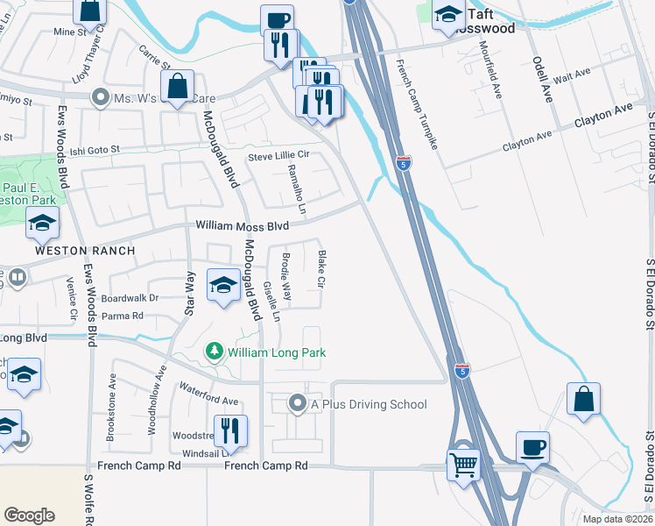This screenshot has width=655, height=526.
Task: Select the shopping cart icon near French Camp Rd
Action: tap(463, 464)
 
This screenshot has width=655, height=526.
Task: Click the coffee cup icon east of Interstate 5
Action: tap(532, 446)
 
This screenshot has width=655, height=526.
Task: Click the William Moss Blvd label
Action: tap(242, 226)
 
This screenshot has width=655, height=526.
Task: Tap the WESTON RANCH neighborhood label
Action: tap(85, 251)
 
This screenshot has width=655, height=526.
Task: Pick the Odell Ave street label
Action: tap(542, 80)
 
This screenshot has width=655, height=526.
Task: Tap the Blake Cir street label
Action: tap(322, 270)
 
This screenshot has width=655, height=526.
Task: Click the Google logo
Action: tap(29, 515)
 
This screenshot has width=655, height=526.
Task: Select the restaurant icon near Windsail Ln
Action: tap(230, 430)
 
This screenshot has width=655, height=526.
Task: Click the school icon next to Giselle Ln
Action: tap(223, 285)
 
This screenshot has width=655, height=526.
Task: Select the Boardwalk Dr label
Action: tap(129, 297)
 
